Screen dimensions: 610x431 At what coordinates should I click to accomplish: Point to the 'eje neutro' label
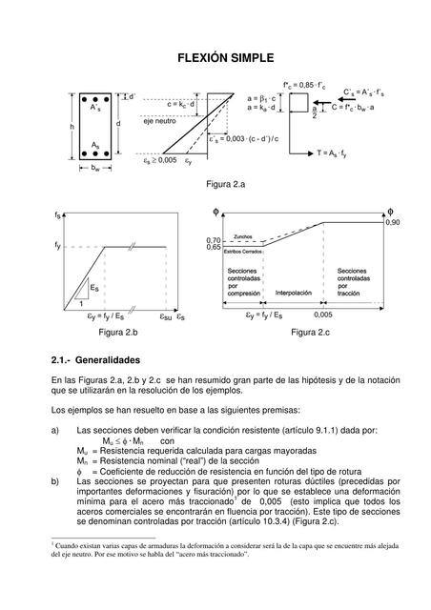coord(159,122)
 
